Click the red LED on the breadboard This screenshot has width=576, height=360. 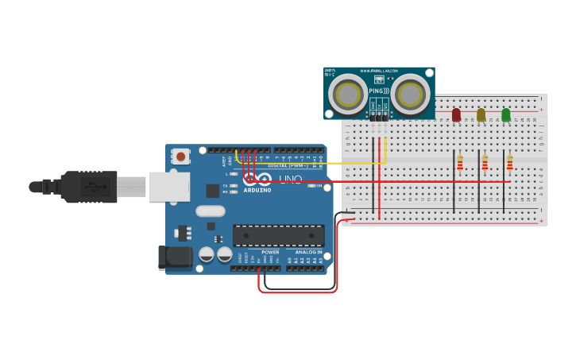(x=456, y=115)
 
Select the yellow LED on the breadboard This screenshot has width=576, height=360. (x=481, y=115)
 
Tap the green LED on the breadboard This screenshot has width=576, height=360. (x=506, y=115)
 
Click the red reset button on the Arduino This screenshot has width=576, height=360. (x=181, y=157)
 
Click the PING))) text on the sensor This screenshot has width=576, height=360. (x=379, y=91)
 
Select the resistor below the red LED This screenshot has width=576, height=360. (x=460, y=163)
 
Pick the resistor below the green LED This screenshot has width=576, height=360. (x=510, y=163)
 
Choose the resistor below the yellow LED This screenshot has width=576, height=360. (x=485, y=163)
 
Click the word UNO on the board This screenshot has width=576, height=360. (x=290, y=180)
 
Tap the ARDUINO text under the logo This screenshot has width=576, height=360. (x=257, y=191)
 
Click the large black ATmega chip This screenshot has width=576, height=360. (x=278, y=235)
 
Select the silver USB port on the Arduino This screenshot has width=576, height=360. (x=169, y=187)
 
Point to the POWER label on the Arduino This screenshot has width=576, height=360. (x=270, y=252)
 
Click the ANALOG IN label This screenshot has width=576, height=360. (x=309, y=252)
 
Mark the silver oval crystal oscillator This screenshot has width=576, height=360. (x=211, y=211)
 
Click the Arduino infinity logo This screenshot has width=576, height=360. (x=263, y=180)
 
